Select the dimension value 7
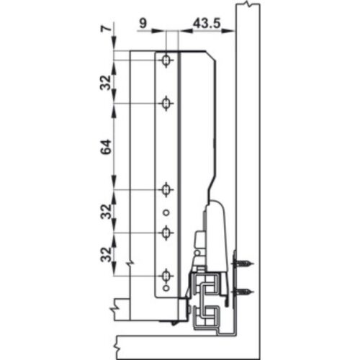106,31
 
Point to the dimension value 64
106,147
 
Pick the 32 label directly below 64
106,212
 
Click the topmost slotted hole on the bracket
166,60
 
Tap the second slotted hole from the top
166,104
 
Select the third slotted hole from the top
166,190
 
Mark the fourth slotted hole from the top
166,233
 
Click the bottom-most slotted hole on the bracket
166,276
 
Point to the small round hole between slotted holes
166,212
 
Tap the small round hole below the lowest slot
166,290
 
